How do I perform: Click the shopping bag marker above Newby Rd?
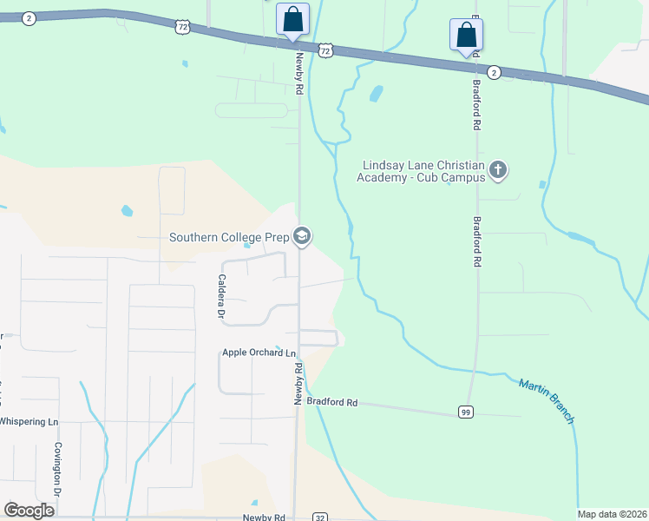tap(292, 19)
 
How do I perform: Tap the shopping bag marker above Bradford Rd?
tap(467, 35)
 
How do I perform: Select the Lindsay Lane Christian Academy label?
tap(422, 171)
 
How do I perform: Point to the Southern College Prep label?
tap(230, 236)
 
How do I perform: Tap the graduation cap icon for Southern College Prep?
tap(302, 236)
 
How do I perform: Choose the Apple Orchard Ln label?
tap(259, 353)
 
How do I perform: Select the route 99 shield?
tap(467, 410)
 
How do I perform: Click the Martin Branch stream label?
tap(547, 400)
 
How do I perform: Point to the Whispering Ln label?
tap(29, 421)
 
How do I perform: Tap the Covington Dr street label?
tap(58, 469)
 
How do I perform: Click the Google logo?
tap(29, 511)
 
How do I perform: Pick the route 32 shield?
tap(320, 517)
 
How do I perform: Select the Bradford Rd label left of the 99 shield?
tap(332, 402)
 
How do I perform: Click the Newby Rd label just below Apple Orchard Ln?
tap(298, 383)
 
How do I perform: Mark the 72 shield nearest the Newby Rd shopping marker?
tap(324, 51)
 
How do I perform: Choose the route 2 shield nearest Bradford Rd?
tap(494, 71)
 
